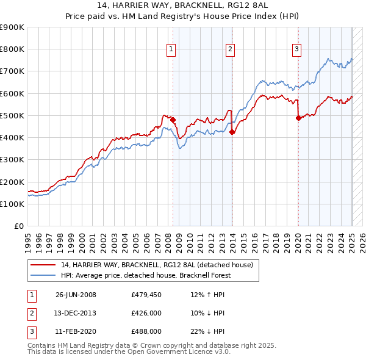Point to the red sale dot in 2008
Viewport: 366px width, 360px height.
pyautogui.click(x=173, y=120)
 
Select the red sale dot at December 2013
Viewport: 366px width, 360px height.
pyautogui.click(x=232, y=132)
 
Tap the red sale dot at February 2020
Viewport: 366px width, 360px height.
pyautogui.click(x=298, y=118)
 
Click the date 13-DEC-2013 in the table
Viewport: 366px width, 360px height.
pyautogui.click(x=76, y=313)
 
